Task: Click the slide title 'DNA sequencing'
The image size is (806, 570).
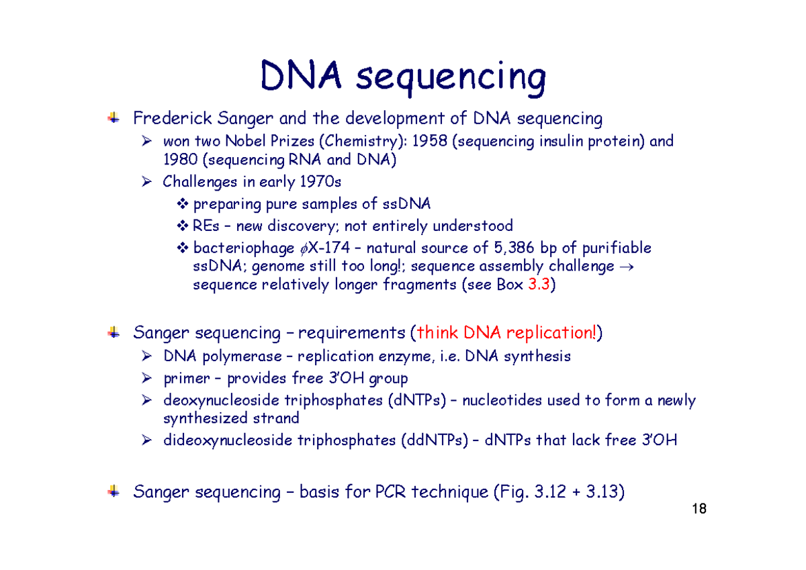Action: click(403, 77)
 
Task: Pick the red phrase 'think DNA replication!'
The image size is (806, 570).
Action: click(506, 332)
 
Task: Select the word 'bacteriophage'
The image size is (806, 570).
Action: click(243, 248)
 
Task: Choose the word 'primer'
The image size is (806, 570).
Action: click(185, 378)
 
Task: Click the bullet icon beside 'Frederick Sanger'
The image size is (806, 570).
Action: click(114, 119)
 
